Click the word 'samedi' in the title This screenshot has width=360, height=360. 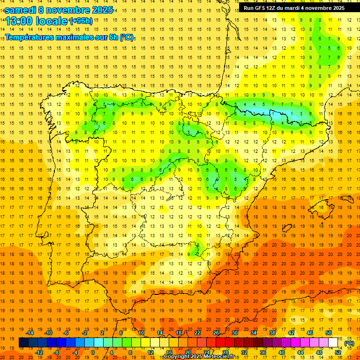click(22, 10)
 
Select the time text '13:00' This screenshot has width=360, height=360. click(19, 21)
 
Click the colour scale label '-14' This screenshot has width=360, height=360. click(30, 333)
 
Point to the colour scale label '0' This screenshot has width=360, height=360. click(93, 352)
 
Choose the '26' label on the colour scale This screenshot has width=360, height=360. click(216, 333)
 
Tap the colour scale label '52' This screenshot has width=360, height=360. click(338, 352)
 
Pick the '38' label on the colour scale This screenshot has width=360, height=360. click(272, 333)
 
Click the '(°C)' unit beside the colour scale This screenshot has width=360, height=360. click(349, 343)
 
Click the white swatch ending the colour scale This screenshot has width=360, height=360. click(333, 343)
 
